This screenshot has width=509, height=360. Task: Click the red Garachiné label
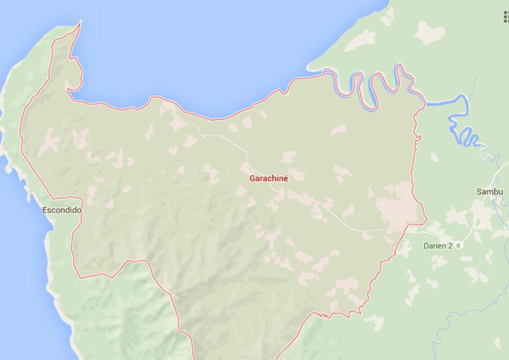coord(268,179)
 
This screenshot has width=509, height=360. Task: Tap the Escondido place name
coord(62,211)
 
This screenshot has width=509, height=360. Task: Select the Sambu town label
coord(490,192)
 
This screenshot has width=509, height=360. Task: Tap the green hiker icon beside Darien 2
coord(459,246)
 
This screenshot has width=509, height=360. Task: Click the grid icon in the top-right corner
coord(505,17)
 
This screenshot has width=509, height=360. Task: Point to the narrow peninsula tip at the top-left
coord(80,22)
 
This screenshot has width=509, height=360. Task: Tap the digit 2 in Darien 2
coord(451,246)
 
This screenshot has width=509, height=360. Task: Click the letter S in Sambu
coord(479,192)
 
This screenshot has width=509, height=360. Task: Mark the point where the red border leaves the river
coord(425,102)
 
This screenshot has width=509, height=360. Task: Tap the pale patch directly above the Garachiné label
coord(289,156)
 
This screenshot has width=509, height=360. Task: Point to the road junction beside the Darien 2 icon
coord(420,231)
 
